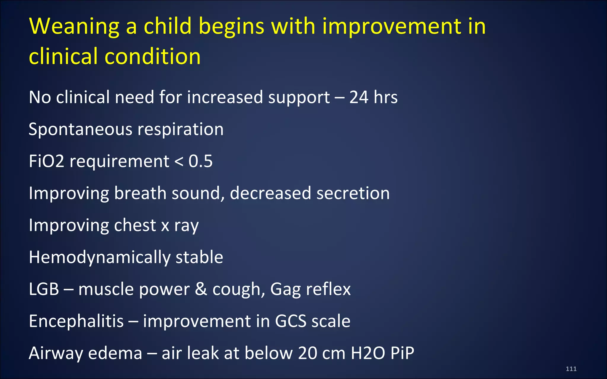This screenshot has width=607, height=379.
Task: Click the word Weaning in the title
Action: coord(74,27)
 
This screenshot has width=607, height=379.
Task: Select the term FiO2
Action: coord(47,161)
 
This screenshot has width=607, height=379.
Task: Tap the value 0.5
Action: coord(200,161)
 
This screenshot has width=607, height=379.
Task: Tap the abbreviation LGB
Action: coord(44,289)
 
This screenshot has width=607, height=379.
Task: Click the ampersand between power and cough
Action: coord(201,289)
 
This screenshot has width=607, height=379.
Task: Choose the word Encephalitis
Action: coord(76,321)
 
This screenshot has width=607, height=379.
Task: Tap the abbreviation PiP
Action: coord(402,353)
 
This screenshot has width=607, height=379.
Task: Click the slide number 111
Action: coord(571,369)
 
